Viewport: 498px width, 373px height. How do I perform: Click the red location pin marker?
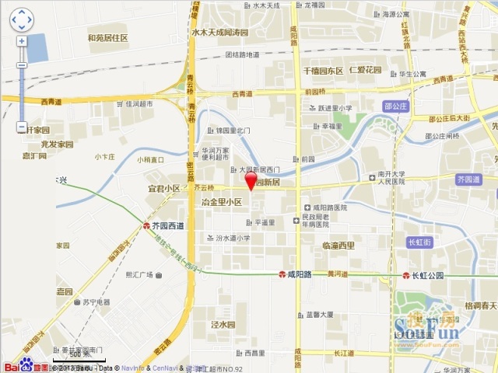[x=251, y=180]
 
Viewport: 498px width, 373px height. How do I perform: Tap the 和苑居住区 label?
[x=107, y=37]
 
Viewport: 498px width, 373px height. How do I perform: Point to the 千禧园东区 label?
[x=323, y=71]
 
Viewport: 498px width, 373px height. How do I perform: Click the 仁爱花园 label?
[x=366, y=71]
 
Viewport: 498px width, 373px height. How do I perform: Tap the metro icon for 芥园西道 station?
[x=146, y=225]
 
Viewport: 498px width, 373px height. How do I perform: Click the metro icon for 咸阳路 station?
[x=282, y=275]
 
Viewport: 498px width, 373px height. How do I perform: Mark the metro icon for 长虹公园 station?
[x=405, y=276]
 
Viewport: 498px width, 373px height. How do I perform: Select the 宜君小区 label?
[x=164, y=188]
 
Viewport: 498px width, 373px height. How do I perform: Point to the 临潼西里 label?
[x=338, y=246]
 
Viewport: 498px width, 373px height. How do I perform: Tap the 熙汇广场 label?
[x=140, y=275]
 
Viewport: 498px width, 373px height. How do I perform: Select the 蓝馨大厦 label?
[x=320, y=315]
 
